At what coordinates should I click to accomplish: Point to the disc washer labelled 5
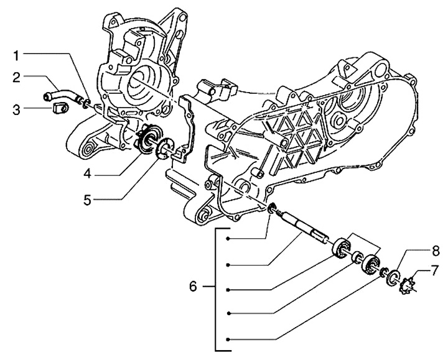165,150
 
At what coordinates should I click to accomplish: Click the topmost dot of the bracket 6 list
230,239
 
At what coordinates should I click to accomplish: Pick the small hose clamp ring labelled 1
86,101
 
